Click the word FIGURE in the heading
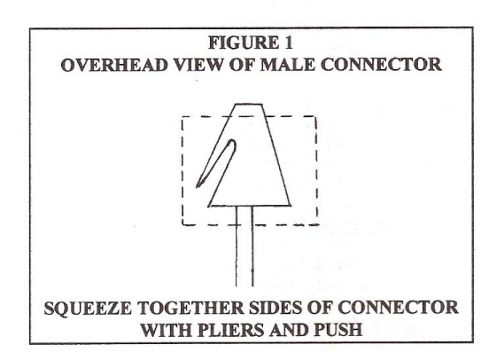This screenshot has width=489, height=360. [244, 43]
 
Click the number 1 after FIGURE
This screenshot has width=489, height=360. [288, 43]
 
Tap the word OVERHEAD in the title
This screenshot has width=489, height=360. [113, 65]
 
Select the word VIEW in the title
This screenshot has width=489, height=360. [198, 65]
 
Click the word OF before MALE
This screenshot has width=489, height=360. [241, 65]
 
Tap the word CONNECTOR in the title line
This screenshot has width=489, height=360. [381, 65]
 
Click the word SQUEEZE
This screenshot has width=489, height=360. [88, 308]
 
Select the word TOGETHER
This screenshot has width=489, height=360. [190, 308]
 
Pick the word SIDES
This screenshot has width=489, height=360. [275, 308]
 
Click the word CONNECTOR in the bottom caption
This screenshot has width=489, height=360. [398, 308]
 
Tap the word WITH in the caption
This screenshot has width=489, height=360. [166, 330]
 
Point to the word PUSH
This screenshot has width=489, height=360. [338, 330]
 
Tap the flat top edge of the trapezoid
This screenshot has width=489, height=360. [249, 104]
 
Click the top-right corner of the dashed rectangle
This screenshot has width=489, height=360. [316, 116]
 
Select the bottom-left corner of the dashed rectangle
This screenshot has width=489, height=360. [182, 224]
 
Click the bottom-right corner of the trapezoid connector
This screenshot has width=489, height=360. [291, 206]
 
